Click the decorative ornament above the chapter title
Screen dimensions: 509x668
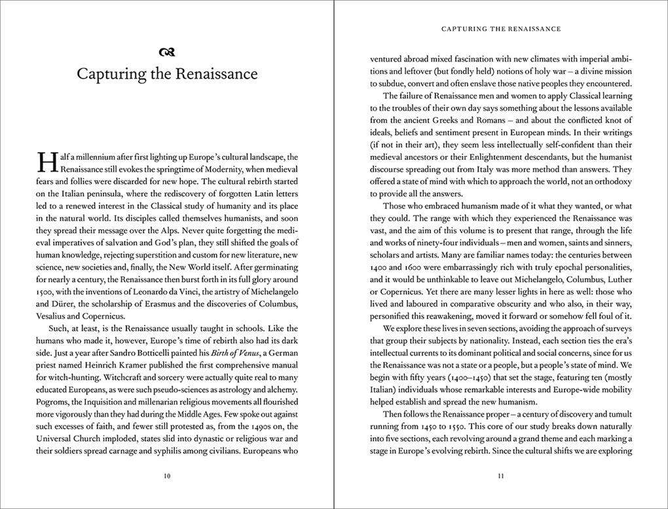(x=167, y=52)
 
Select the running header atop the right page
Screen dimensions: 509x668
(x=501, y=29)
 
